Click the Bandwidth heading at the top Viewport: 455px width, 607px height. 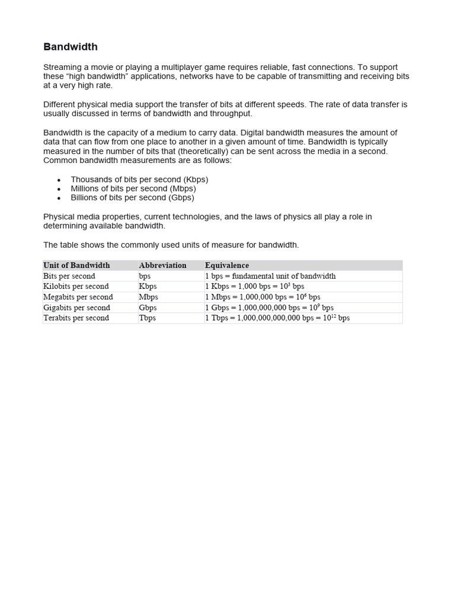click(71, 47)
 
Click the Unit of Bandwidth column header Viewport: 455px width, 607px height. click(76, 266)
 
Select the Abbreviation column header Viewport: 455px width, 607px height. click(162, 266)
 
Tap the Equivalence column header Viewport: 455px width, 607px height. click(227, 266)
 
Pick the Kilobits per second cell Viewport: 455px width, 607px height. click(76, 286)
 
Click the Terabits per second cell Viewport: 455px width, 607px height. click(76, 318)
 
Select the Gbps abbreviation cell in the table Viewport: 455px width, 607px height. click(148, 308)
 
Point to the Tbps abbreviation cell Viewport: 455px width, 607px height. click(147, 318)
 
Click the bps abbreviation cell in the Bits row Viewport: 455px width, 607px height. click(145, 276)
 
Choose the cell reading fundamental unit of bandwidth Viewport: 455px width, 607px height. click(270, 276)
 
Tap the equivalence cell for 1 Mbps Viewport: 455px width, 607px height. click(262, 297)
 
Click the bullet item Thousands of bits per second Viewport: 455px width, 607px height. click(139, 180)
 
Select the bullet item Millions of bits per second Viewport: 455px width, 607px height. click(133, 189)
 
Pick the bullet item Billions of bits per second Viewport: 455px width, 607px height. click(132, 197)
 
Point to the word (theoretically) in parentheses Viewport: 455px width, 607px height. click(206, 151)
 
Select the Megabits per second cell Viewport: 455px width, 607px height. click(78, 297)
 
